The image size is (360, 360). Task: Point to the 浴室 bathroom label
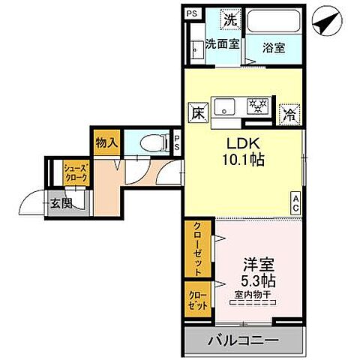(x=274, y=48)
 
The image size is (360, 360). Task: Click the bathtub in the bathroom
(x=274, y=22)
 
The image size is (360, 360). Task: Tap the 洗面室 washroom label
(x=223, y=45)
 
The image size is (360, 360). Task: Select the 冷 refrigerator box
(x=288, y=115)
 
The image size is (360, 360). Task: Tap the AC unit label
(x=296, y=202)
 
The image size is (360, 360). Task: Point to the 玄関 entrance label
(x=59, y=202)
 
